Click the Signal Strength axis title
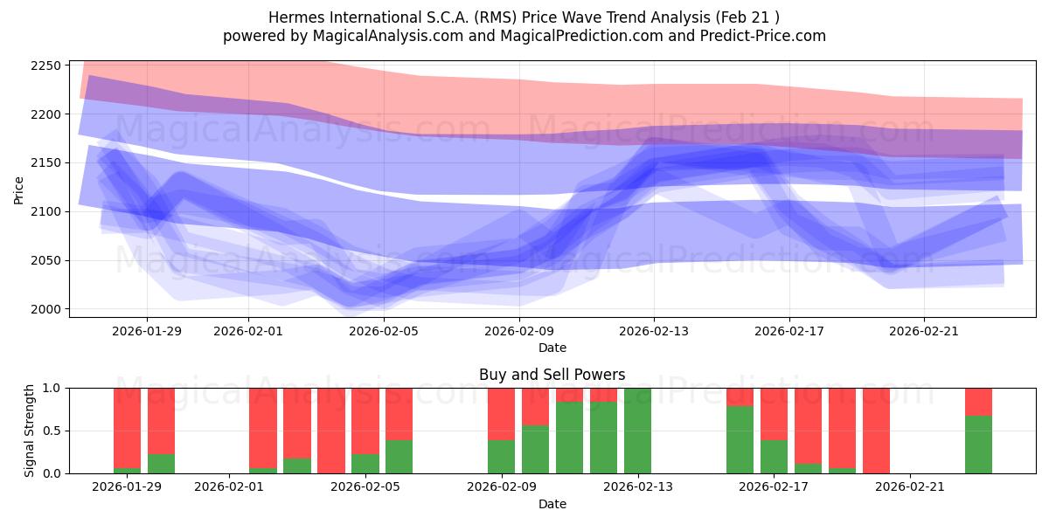[x=30, y=431]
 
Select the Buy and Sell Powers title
[x=552, y=375]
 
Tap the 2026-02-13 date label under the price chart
[x=654, y=331]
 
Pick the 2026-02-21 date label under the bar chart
[x=910, y=487]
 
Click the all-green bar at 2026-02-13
[x=637, y=431]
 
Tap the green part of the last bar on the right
[x=978, y=445]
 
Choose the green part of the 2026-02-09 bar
[x=501, y=457]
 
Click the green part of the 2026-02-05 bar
[x=399, y=457]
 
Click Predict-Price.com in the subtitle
[x=769, y=36]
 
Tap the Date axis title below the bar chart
[x=552, y=504]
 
